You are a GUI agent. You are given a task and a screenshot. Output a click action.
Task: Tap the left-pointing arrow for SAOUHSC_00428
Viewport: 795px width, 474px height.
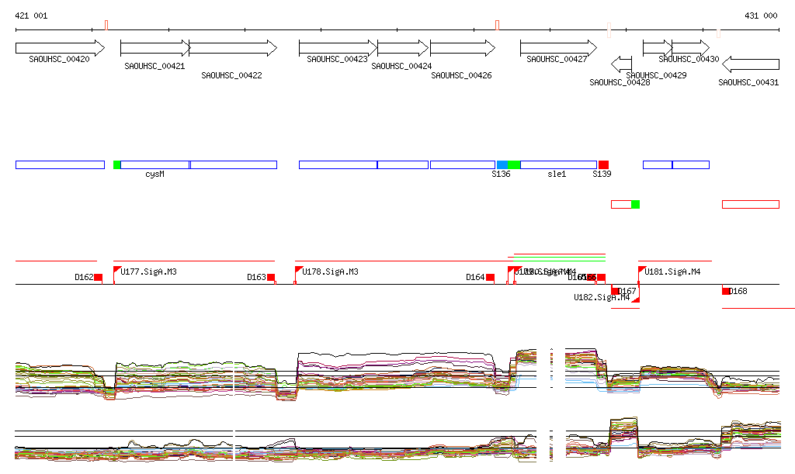(x=622, y=64)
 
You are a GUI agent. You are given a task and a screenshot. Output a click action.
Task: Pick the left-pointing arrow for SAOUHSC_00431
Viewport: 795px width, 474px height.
(x=751, y=64)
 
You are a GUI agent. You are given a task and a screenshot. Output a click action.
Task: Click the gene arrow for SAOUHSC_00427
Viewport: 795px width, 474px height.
(x=554, y=47)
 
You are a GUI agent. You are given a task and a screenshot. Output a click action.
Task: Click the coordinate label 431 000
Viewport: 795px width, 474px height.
(x=761, y=16)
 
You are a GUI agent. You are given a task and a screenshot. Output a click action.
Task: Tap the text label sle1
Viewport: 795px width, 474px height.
(x=557, y=175)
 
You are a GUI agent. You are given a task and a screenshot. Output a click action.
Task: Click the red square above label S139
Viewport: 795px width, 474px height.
(x=603, y=164)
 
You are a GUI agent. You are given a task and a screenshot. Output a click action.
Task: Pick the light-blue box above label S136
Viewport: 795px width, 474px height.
(x=502, y=164)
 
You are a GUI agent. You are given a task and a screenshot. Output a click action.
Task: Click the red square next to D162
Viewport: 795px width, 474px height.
(x=98, y=277)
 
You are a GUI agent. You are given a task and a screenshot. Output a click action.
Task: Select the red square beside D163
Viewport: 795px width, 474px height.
(x=271, y=277)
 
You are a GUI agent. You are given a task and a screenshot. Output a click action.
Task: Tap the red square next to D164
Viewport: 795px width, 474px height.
(x=490, y=277)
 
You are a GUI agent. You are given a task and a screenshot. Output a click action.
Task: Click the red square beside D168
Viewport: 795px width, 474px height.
(x=727, y=291)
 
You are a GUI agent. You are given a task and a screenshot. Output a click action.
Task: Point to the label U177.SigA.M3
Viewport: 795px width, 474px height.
(x=150, y=272)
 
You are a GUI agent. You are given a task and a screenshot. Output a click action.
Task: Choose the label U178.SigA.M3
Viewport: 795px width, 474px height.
(x=331, y=272)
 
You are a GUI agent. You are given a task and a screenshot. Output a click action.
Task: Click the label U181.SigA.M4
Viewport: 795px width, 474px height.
(x=672, y=272)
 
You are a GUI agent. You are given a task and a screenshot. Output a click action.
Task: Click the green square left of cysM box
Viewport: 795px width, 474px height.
(x=117, y=164)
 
